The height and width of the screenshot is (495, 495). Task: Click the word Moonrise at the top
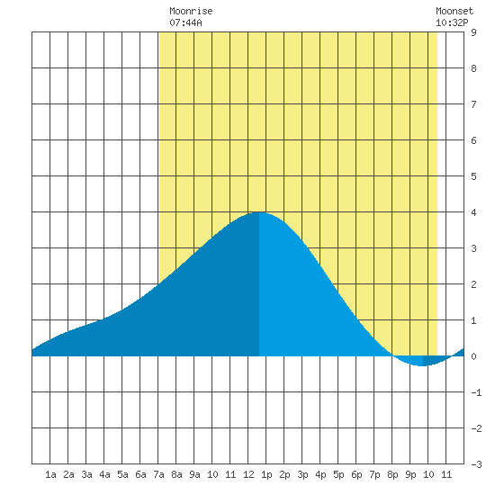[x=191, y=11]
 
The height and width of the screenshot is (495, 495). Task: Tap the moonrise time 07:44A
[x=185, y=22]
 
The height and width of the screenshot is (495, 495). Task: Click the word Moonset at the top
[x=454, y=11]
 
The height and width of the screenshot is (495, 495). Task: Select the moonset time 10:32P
[x=452, y=22]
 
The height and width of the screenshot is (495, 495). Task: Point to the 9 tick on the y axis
[x=473, y=32]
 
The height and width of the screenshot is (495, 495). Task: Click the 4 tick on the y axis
[x=473, y=212]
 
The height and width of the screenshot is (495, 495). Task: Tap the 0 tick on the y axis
[x=473, y=356]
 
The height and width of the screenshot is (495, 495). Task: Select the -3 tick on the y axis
[x=476, y=464]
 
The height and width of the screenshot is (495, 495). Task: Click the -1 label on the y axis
[x=476, y=392]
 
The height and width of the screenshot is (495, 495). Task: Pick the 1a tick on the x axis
[x=50, y=474]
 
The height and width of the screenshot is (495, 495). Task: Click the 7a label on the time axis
[x=158, y=474]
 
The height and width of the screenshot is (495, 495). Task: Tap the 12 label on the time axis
[x=248, y=474]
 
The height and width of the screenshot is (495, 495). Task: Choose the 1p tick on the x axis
[x=266, y=474]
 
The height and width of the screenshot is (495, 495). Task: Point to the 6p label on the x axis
[x=356, y=474]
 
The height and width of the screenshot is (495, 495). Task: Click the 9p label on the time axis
[x=410, y=474]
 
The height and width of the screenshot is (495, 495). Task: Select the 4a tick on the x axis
[x=104, y=474]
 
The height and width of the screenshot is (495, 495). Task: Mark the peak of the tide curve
[x=259, y=212]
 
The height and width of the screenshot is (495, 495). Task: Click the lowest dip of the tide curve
[x=423, y=366]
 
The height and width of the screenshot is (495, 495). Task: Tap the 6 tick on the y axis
[x=473, y=140]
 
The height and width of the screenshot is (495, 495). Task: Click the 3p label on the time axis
[x=302, y=474]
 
